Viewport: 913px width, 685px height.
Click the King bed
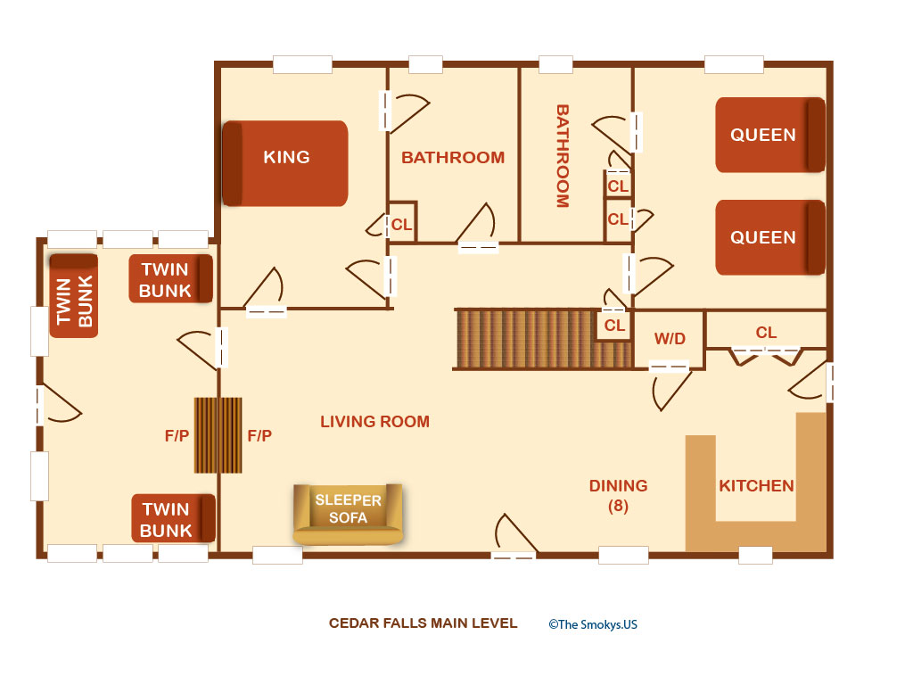pyautogui.click(x=285, y=163)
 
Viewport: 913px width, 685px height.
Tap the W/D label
pyautogui.click(x=670, y=338)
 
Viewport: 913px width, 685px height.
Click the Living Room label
pyautogui.click(x=375, y=421)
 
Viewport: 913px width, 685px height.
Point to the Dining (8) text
pyautogui.click(x=619, y=495)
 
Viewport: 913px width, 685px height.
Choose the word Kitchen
pyautogui.click(x=756, y=486)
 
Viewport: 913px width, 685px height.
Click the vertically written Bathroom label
pyautogui.click(x=563, y=156)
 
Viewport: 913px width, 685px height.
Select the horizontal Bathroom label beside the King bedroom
pyautogui.click(x=453, y=157)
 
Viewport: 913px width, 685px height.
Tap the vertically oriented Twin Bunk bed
pyautogui.click(x=73, y=296)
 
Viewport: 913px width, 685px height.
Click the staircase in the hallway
pyautogui.click(x=543, y=340)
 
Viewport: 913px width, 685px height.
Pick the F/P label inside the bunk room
pyautogui.click(x=177, y=435)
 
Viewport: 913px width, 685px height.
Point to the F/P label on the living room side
pyautogui.click(x=259, y=435)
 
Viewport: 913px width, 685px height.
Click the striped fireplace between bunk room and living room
pyautogui.click(x=218, y=435)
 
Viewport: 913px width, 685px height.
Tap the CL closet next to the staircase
pyautogui.click(x=614, y=325)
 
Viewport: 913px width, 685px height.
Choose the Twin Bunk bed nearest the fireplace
pyautogui.click(x=173, y=518)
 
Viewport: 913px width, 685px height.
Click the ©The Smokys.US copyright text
pyautogui.click(x=593, y=624)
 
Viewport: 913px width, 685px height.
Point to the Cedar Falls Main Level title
pyautogui.click(x=423, y=623)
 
